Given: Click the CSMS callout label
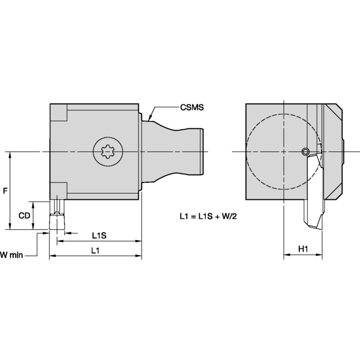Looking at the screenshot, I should [192, 108].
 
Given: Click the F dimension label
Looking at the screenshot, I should [5, 191].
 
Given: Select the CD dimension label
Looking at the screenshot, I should [24, 215].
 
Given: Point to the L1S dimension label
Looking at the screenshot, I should [100, 235].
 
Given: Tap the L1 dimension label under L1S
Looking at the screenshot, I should [95, 250].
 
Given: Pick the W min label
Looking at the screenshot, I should [11, 254].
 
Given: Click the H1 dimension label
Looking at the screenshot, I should [303, 249].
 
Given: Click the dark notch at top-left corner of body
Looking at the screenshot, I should [58, 112].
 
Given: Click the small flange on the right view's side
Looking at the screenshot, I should [344, 151].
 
